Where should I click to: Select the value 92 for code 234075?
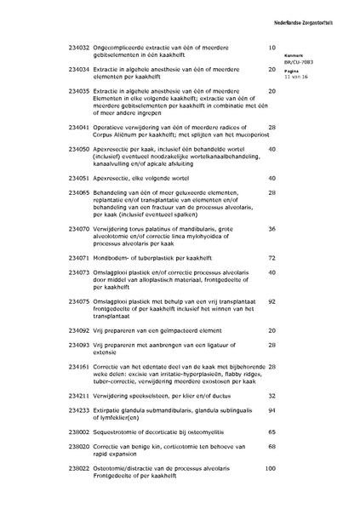pyautogui.click(x=272, y=300)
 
